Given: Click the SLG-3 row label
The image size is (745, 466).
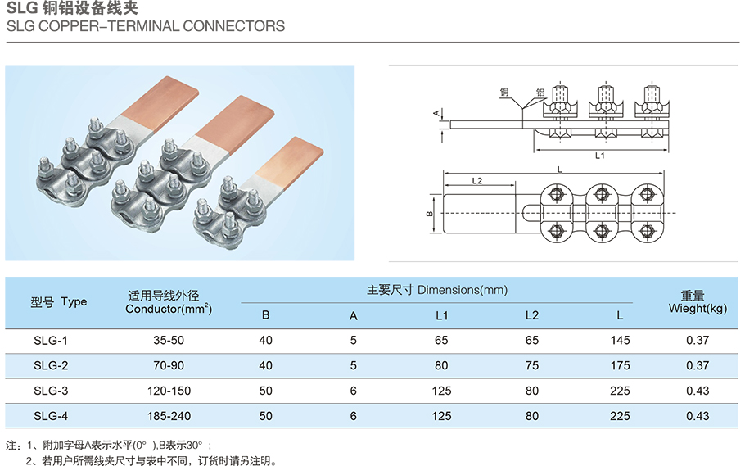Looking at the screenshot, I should click(51, 391).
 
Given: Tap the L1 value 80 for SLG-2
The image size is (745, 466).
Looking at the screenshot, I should click(441, 365).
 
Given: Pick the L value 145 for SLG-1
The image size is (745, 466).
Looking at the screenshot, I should click(621, 340).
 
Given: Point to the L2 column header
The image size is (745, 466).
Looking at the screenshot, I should click(532, 315).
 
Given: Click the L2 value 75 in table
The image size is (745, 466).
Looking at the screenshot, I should click(532, 365).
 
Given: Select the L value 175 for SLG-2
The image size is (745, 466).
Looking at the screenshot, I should click(621, 365).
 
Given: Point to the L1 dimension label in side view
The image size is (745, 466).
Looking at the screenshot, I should click(599, 156).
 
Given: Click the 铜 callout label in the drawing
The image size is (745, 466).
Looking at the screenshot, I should click(503, 93).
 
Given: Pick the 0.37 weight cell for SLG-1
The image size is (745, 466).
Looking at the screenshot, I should click(698, 340).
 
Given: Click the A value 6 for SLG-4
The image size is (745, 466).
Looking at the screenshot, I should click(353, 416).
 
